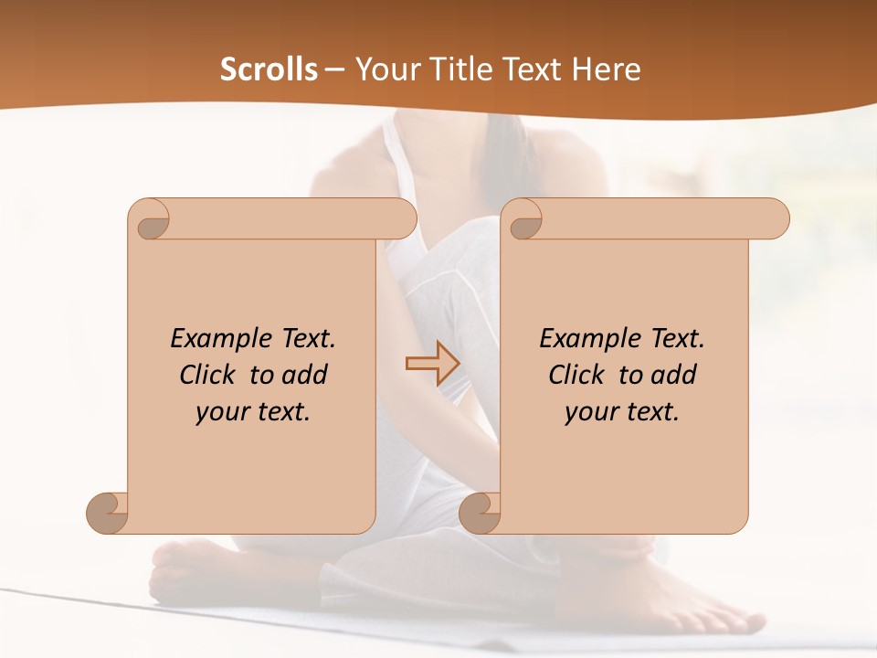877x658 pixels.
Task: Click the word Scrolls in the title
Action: tap(269, 69)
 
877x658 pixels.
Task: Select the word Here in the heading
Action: tap(607, 69)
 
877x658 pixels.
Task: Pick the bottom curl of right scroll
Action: tap(481, 512)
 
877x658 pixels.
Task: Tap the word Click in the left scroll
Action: tap(209, 375)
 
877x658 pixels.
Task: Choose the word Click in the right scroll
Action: tap(577, 375)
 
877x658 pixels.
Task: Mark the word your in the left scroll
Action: tap(219, 412)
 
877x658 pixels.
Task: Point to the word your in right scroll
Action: tap(588, 412)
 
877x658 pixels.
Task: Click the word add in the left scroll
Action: tap(304, 375)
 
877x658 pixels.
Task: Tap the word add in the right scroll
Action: tap(673, 375)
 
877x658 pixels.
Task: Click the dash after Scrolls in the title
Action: tap(334, 70)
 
